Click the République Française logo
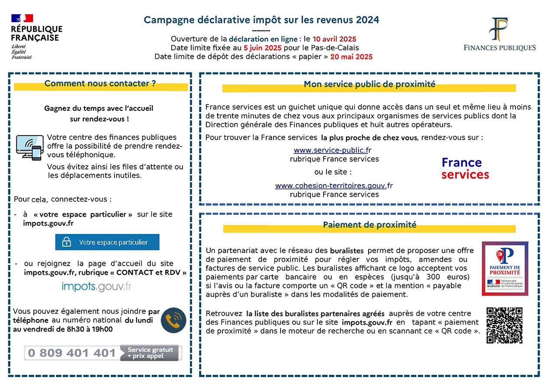[x=36, y=36]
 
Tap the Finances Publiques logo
[x=499, y=35]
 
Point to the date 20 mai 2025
[x=351, y=56]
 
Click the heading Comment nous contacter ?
[x=100, y=84]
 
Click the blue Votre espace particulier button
[x=107, y=242]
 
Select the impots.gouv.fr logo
[x=97, y=286]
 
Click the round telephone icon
[x=173, y=320]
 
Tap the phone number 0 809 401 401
[x=72, y=353]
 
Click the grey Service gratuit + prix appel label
[x=150, y=353]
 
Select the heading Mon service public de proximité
[x=369, y=84]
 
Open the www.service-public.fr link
[x=333, y=150]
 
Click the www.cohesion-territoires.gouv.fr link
[x=334, y=186]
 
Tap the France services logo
[x=465, y=169]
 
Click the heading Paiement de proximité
[x=369, y=225]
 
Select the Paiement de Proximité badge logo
[x=505, y=268]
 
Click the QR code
[x=504, y=325]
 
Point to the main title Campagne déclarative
[x=261, y=20]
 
